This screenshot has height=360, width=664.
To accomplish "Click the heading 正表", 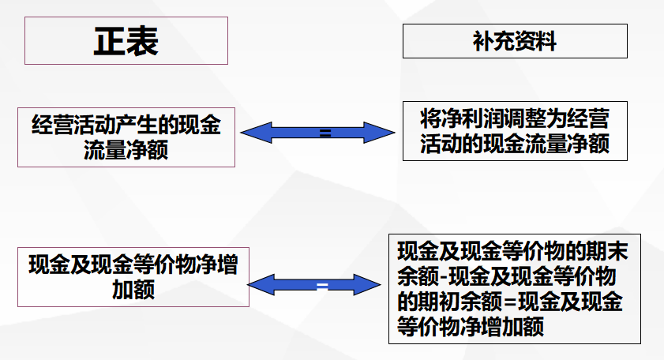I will click(x=126, y=40).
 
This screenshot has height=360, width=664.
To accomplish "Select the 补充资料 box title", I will click(x=515, y=41).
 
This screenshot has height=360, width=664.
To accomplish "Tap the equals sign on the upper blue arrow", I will click(x=324, y=133).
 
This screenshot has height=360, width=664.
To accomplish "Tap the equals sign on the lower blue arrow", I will click(x=321, y=285).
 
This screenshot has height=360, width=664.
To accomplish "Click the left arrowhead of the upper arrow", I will click(x=253, y=133).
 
